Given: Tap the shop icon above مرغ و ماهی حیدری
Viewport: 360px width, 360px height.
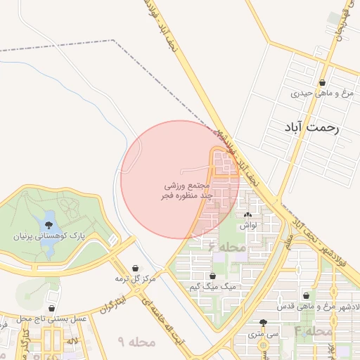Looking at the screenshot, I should (322, 82).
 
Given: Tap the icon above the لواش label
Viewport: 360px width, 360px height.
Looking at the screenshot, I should (247, 215).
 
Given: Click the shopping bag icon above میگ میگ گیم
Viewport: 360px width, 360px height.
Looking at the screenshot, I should (212, 276).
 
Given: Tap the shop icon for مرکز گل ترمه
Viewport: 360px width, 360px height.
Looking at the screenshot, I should (136, 269).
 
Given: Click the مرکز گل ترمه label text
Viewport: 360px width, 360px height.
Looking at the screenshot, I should (134, 279).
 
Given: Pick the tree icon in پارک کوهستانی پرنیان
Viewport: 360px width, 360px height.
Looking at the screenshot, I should (48, 226).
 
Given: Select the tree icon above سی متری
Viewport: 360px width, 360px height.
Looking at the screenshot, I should (263, 323).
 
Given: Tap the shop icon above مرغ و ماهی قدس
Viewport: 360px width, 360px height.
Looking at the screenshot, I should (306, 297).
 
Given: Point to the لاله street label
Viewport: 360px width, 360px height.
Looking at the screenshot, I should (72, 340).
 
